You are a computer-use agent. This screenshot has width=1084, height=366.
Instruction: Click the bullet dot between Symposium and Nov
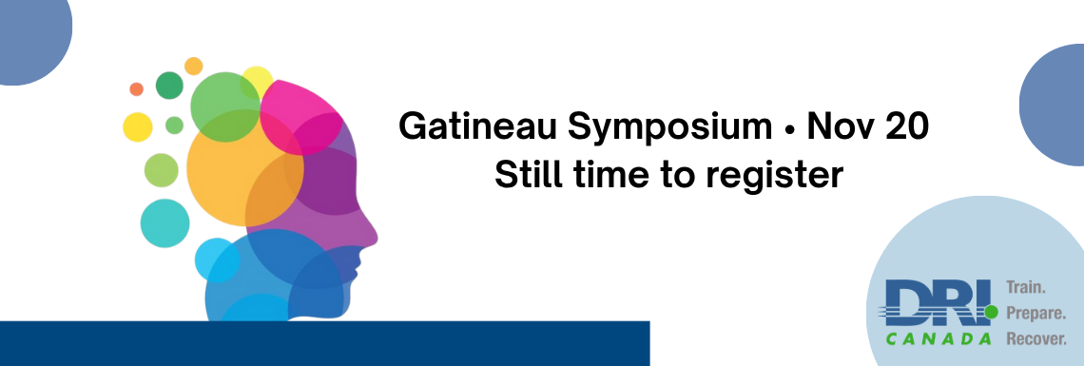[789, 129]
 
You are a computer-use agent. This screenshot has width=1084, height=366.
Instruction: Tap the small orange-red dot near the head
[136, 89]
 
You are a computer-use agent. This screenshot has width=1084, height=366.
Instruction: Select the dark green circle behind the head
[169, 86]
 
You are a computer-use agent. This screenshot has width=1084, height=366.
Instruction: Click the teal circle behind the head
[165, 223]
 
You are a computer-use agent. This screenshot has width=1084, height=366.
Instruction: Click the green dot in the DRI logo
[991, 313]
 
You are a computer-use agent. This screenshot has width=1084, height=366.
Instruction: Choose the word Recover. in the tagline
[1036, 339]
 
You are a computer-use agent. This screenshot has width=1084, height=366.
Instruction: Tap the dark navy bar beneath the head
[325, 343]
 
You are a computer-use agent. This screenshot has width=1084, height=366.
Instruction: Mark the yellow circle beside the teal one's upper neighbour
[138, 127]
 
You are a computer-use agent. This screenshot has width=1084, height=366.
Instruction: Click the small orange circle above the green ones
[194, 67]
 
